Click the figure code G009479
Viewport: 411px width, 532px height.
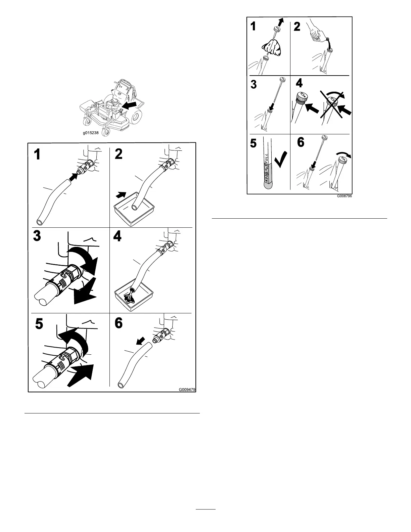pos(187,390)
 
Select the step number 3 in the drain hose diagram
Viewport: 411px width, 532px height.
pos(37,237)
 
